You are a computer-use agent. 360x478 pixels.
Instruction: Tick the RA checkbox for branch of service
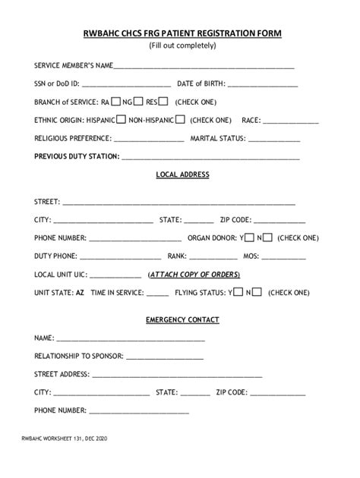pos(116,101)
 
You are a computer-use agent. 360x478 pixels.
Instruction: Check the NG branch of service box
pos(140,101)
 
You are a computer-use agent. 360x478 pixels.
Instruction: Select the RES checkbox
pos(163,101)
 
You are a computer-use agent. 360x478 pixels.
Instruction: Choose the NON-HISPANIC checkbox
pos(180,119)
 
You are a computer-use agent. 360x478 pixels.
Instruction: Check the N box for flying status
pos(257,291)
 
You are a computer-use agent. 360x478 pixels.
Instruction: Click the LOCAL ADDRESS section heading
pos(182,175)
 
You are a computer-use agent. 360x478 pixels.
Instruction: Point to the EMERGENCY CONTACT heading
pos(182,319)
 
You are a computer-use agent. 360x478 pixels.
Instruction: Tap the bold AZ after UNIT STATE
pos(80,292)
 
